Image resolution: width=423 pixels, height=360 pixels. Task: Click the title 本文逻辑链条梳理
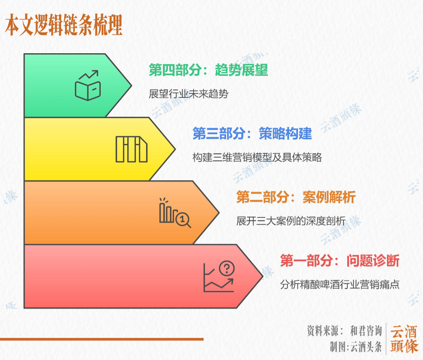(x=64, y=26)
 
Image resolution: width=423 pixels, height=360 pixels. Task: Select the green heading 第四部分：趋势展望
(x=208, y=70)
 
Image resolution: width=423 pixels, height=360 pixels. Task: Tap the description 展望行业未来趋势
(x=188, y=94)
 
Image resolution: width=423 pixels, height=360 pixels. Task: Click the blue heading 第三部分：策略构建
(x=252, y=134)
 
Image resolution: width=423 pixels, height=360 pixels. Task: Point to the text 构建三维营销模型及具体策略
(x=257, y=157)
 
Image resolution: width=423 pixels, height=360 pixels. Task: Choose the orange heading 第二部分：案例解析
(x=296, y=197)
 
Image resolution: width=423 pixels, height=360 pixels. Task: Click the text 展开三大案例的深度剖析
(x=291, y=221)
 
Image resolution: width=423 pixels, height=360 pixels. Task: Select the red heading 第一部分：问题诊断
(x=340, y=261)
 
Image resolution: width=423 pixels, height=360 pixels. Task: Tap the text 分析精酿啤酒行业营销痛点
(x=340, y=284)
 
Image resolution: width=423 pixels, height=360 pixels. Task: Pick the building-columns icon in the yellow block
(x=131, y=149)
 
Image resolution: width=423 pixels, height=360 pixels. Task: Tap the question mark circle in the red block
(x=227, y=269)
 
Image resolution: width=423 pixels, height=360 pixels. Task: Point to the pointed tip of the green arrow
(x=131, y=85)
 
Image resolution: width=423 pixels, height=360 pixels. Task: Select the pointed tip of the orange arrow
(x=218, y=212)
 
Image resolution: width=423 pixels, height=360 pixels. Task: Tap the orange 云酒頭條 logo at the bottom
(x=404, y=339)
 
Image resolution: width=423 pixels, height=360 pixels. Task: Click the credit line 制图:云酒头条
(x=355, y=347)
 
